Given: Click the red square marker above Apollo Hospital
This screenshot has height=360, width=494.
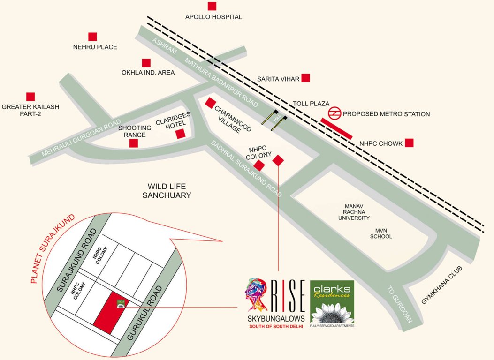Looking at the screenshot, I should [212, 6].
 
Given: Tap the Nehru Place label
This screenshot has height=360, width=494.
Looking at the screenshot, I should [95, 47].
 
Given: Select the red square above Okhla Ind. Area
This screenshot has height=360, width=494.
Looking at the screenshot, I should [146, 63].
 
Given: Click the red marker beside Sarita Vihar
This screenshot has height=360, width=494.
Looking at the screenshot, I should [305, 78].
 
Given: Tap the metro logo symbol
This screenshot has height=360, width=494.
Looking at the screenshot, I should [334, 113].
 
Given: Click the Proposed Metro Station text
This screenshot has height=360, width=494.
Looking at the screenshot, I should [386, 114].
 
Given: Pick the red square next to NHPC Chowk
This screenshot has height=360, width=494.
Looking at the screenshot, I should [410, 143].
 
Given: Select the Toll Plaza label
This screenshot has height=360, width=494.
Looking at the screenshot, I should [311, 103].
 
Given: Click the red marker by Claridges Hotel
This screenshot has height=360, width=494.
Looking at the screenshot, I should [181, 134].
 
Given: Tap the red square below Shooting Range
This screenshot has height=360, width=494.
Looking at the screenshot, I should [134, 143].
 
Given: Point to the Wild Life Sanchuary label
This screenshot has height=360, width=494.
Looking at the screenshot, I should [167, 190].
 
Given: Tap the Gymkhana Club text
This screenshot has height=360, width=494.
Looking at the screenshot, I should [442, 285].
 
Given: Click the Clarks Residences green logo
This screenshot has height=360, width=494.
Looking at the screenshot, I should [332, 303].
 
